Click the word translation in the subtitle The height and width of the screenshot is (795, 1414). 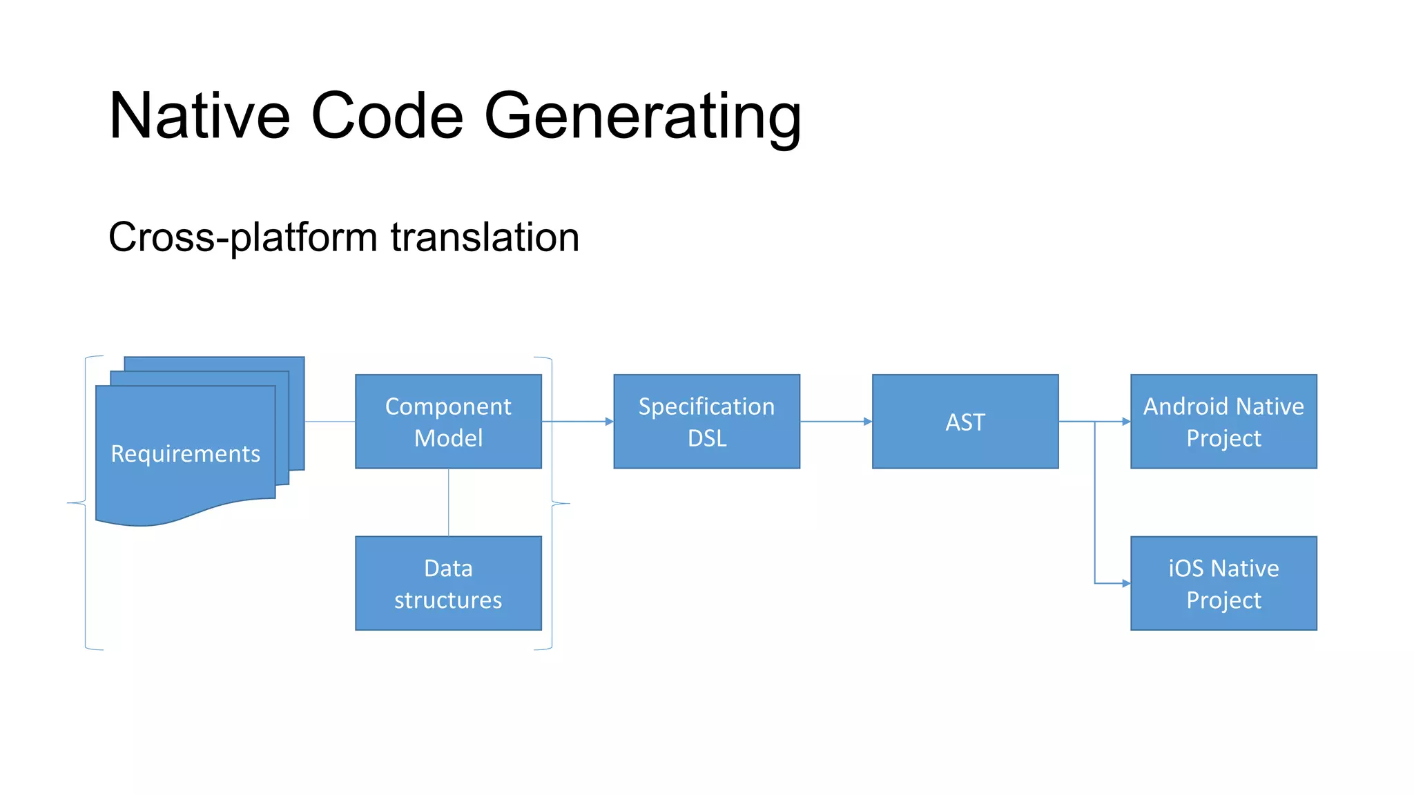tap(485, 237)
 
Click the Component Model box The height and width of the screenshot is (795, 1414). tap(448, 422)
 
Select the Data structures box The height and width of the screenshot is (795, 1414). tap(448, 583)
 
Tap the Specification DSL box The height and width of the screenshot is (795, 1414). tap(706, 422)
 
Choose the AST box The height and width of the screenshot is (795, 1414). tap(965, 422)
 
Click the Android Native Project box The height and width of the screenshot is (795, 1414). tap(1223, 422)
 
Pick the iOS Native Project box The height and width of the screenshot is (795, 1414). tap(1223, 583)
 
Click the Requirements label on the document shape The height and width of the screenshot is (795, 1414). tap(185, 453)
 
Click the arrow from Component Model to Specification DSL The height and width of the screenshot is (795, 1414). tap(577, 421)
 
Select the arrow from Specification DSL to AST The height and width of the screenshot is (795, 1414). tap(835, 421)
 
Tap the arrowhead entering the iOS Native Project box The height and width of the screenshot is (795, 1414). tap(1125, 584)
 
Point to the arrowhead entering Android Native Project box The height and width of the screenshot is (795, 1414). tap(1125, 421)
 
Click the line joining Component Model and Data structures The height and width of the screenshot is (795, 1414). tap(448, 502)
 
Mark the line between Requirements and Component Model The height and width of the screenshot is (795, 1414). tap(329, 421)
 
